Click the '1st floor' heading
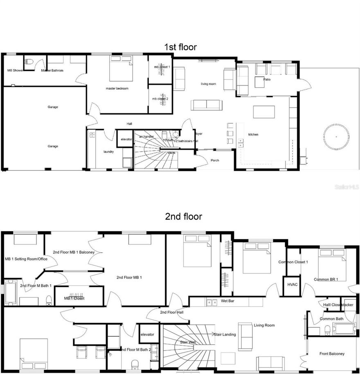[x=180, y=47]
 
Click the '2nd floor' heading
[x=183, y=216]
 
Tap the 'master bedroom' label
[x=117, y=88]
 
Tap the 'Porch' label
[x=215, y=160]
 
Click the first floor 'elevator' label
[x=126, y=139]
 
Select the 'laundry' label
[x=108, y=152]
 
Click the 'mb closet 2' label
[x=160, y=99]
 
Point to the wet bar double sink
[x=212, y=302]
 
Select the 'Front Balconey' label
[x=332, y=354]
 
